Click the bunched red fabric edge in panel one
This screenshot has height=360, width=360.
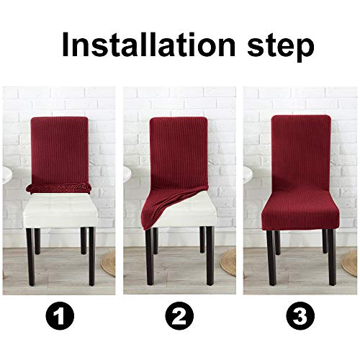[x=58, y=188]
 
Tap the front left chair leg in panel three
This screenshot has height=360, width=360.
[x=269, y=266]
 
